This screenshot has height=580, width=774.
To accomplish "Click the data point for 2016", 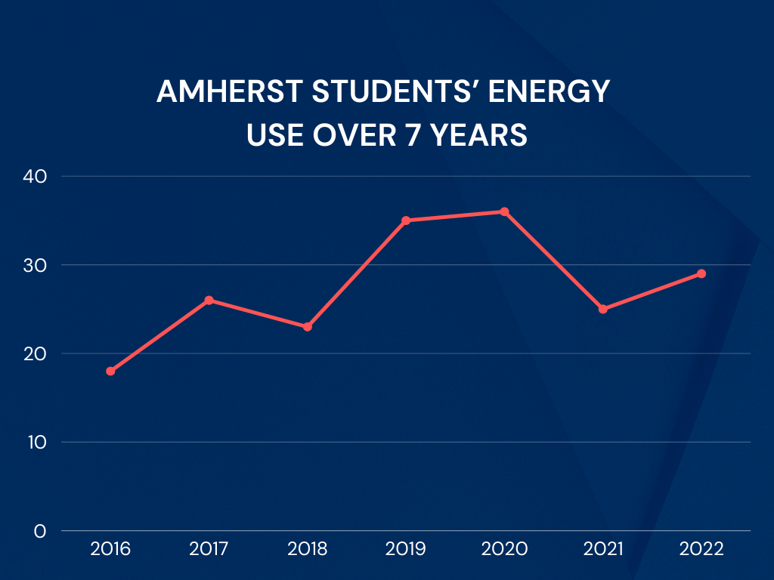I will click(110, 371).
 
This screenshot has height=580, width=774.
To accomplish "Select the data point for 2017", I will click(209, 300).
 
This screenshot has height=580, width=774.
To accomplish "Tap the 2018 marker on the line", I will click(308, 327).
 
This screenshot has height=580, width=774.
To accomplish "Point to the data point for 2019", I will click(406, 221).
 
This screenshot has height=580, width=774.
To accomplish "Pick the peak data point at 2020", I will click(504, 211).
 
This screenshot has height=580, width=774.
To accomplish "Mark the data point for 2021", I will click(602, 309).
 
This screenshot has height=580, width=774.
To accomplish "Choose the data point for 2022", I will click(701, 273).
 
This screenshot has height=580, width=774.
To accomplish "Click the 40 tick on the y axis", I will click(35, 176).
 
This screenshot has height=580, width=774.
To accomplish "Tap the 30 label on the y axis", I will click(35, 265).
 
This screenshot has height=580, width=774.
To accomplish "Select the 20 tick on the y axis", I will click(35, 353).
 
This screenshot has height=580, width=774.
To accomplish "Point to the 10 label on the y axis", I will click(36, 442).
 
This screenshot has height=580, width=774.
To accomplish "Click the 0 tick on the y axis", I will click(40, 531).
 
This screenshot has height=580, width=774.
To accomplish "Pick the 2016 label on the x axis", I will click(110, 549).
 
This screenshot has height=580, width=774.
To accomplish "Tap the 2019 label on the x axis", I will click(406, 549).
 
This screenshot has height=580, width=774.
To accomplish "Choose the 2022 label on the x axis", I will click(701, 549).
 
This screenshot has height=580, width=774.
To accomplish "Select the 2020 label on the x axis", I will click(504, 549).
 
